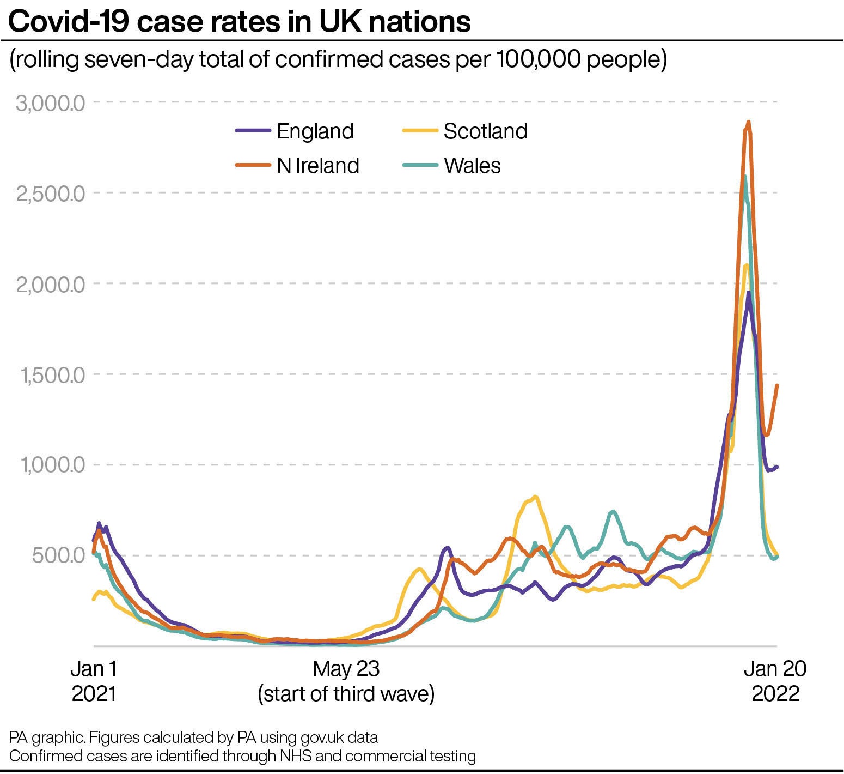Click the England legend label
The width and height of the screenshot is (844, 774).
[315, 131]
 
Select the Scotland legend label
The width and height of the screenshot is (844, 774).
[485, 131]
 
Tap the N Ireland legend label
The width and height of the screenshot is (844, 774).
[317, 166]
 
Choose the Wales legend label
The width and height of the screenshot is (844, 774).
[472, 166]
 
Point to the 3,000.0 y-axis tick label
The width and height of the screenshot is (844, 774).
[51, 103]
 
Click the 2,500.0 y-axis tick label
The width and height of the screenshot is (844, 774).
[51, 194]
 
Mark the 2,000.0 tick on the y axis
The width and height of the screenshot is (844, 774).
[51, 284]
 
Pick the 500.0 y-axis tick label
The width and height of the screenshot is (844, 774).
[59, 556]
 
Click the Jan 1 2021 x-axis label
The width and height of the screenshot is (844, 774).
[94, 681]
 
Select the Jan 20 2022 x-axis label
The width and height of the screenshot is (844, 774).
[775, 681]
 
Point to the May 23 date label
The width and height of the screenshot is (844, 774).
[346, 669]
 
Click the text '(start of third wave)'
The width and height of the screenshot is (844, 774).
[346, 694]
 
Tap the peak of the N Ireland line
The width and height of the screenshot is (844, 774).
[748, 122]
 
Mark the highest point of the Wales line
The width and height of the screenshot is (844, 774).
[745, 176]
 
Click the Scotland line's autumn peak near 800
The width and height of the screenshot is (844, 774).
[535, 497]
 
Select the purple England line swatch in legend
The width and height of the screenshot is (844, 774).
[253, 131]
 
